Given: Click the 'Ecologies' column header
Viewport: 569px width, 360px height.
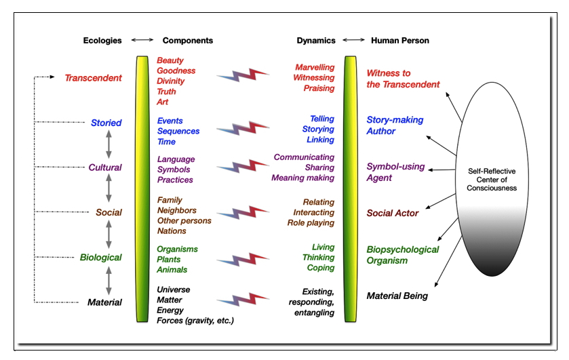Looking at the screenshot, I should click(102, 41).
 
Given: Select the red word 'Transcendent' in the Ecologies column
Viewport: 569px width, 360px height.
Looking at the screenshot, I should click(94, 78).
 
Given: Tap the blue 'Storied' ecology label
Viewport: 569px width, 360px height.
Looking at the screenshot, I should click(106, 123).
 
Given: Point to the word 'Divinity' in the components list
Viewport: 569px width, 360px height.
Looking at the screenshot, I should click(172, 81).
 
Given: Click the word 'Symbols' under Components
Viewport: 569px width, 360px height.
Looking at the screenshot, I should click(174, 169).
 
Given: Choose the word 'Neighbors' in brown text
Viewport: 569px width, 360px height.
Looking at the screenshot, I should click(178, 211).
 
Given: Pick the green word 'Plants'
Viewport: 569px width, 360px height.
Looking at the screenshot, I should click(169, 260).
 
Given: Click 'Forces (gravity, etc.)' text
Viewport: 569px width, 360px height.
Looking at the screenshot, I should click(195, 321).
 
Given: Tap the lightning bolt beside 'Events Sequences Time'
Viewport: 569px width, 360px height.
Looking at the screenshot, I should click(243, 129).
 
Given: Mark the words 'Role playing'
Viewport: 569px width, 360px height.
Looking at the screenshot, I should click(310, 222).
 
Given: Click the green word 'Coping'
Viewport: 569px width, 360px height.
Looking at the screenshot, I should click(321, 268).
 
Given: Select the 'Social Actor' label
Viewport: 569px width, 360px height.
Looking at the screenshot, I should click(393, 214).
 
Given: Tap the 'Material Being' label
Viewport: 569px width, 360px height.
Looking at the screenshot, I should click(397, 296).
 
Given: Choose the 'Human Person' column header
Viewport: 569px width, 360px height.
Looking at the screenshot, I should click(399, 41).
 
